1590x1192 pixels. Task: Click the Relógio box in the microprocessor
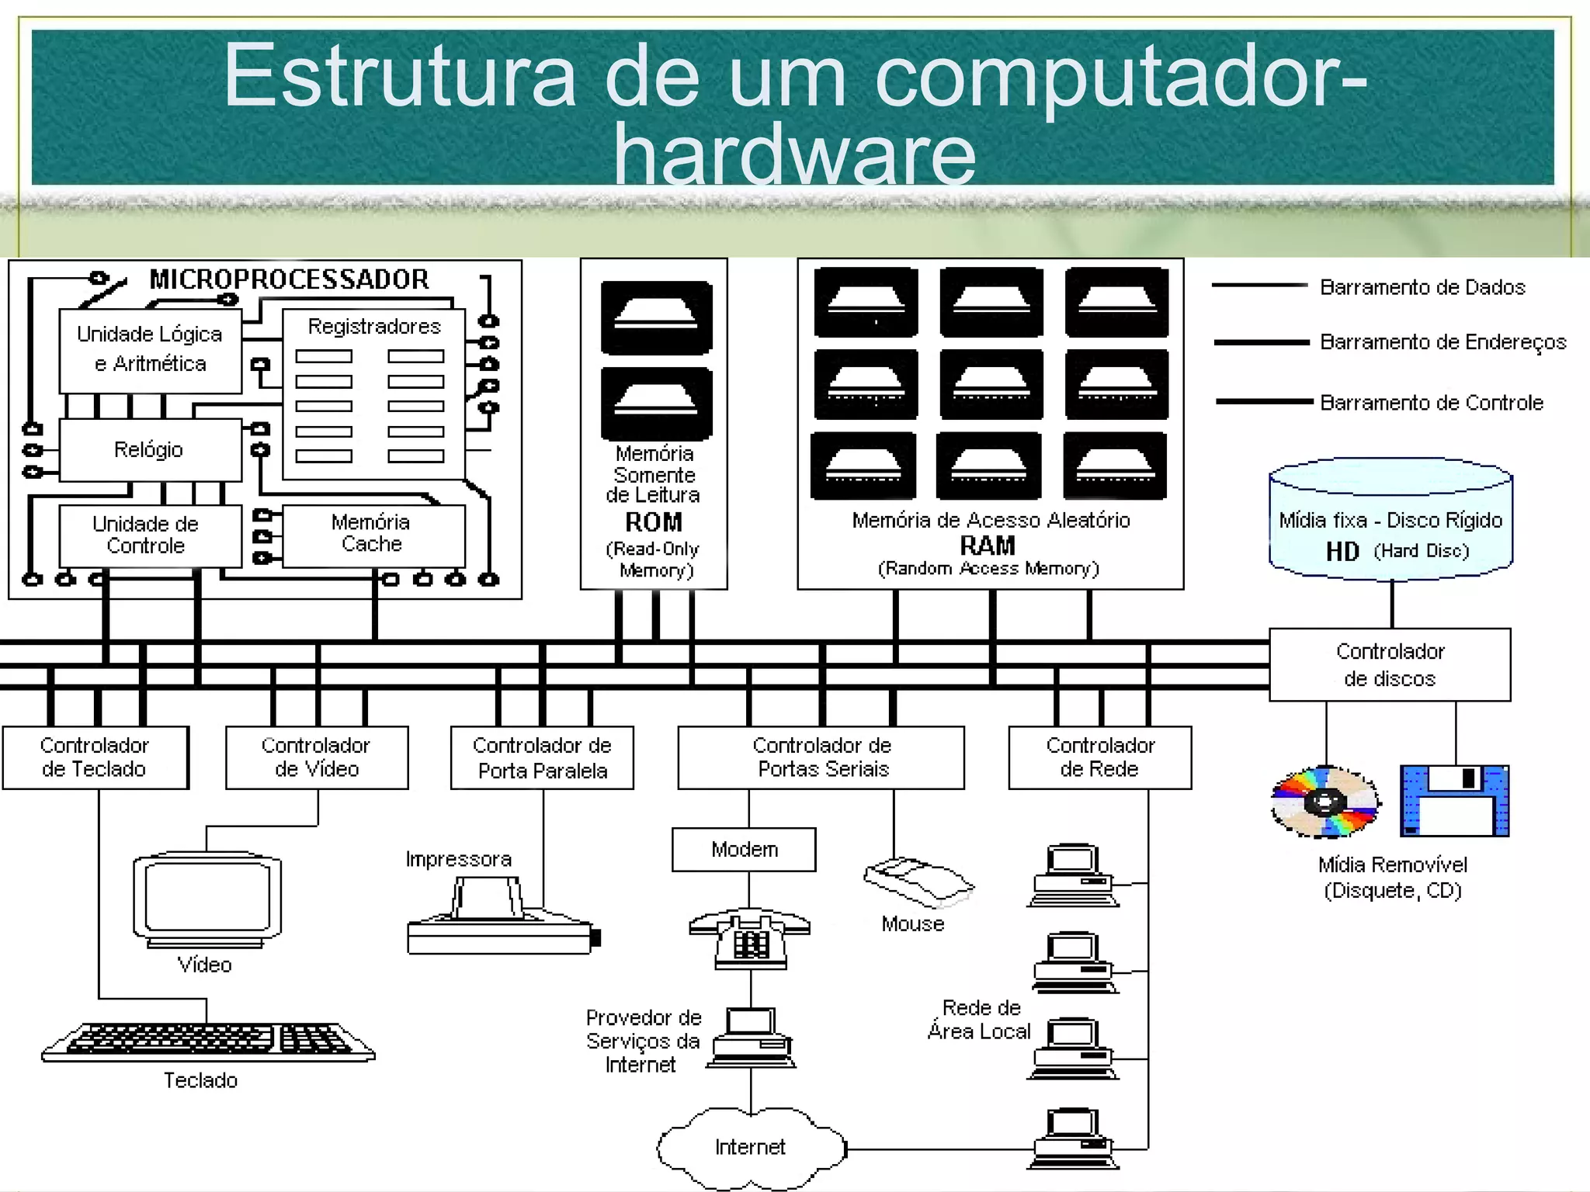(150, 450)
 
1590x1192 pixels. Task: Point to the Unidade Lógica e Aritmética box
(150, 350)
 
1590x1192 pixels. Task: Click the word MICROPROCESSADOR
(289, 279)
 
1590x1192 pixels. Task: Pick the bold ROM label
(654, 522)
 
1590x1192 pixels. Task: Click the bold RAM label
(988, 546)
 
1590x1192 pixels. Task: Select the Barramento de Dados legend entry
(1422, 287)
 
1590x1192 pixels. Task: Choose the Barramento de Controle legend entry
(1431, 403)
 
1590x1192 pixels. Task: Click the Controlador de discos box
(1390, 665)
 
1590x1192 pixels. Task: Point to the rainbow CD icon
(1326, 802)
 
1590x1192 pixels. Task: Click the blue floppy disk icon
(1454, 801)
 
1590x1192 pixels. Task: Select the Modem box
(744, 850)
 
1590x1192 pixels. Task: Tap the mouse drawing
(918, 882)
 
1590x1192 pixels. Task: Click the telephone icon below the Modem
(750, 938)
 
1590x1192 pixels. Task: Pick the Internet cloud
(751, 1148)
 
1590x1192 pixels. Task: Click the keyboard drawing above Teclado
(208, 1041)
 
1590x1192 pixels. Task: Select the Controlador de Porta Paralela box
(542, 757)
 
